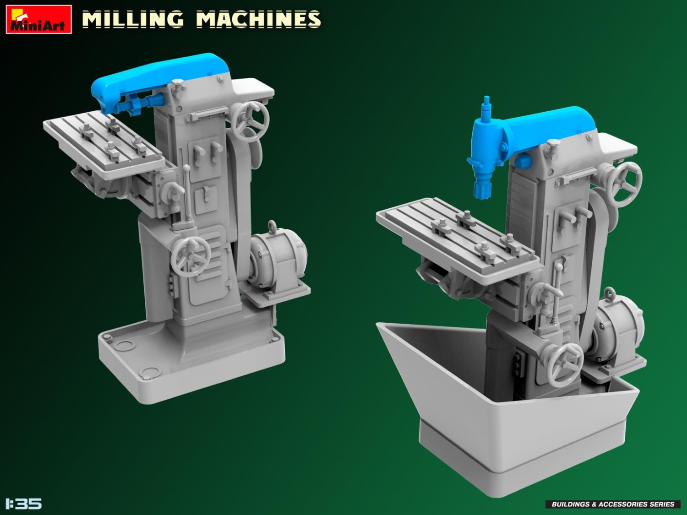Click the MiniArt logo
[x=38, y=19]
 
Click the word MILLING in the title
[x=133, y=20]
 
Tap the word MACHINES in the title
[x=258, y=20]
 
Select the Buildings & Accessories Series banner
[x=612, y=504]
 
